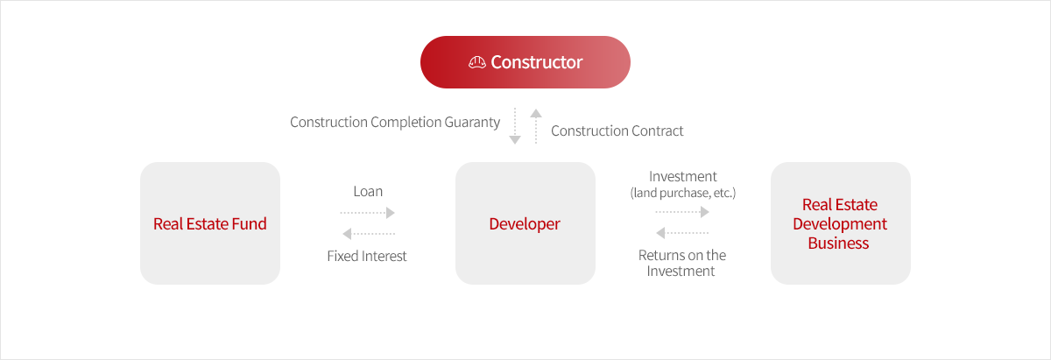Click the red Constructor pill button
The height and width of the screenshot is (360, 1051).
(x=525, y=62)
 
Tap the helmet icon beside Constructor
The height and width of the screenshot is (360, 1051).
(x=477, y=62)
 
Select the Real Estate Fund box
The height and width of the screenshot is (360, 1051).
(x=210, y=223)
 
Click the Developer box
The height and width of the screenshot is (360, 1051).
(x=525, y=223)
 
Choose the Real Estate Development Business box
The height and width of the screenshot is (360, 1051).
(x=840, y=223)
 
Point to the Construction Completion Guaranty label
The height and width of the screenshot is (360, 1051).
(x=395, y=123)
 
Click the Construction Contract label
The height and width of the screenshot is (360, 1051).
(x=617, y=131)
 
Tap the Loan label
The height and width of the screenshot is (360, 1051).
(x=368, y=192)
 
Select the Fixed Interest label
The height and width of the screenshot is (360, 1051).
(x=367, y=256)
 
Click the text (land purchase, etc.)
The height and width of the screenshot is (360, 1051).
(x=682, y=193)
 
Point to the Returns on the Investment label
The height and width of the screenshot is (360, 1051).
(x=681, y=263)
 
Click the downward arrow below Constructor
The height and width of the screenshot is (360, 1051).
(x=515, y=126)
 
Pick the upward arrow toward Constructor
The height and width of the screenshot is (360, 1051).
(x=536, y=126)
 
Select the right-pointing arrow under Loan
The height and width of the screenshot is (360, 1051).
(x=367, y=213)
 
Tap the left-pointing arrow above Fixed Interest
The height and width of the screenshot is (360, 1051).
(x=369, y=233)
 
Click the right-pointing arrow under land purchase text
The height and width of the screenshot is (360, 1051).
(x=682, y=212)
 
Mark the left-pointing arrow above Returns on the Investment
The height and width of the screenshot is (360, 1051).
(x=682, y=232)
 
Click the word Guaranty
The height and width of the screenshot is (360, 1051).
(x=472, y=123)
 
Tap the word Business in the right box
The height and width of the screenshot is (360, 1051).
(x=838, y=244)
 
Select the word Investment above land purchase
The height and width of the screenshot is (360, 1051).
(x=682, y=176)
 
